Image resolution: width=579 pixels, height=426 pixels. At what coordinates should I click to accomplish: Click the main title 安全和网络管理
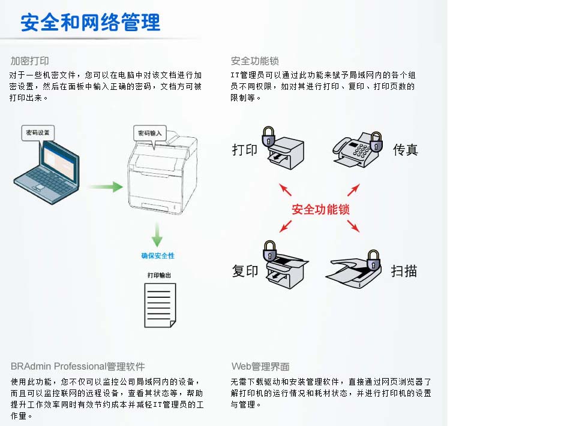coord(91,23)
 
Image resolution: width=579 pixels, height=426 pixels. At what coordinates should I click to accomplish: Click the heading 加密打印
coord(29,61)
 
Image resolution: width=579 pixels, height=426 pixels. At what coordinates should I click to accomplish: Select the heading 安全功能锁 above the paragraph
coord(255,61)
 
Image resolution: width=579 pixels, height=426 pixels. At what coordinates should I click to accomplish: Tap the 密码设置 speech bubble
coord(37,132)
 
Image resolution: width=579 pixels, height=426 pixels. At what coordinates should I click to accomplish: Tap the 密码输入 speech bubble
coord(150,132)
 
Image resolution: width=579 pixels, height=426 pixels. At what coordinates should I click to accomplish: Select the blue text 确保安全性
coord(158,256)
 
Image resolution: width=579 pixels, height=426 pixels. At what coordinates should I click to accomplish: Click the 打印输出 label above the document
coord(159,275)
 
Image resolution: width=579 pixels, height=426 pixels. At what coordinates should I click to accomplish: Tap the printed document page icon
coord(160,305)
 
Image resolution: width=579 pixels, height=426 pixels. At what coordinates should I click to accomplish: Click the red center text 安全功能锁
coord(320,210)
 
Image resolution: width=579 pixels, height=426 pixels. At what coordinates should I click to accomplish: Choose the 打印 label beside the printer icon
coord(245,150)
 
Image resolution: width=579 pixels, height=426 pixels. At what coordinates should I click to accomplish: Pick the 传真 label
coord(406,150)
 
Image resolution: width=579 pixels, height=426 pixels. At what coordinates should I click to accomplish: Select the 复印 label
coord(245,271)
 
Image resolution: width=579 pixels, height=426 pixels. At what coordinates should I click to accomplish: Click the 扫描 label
coord(404,271)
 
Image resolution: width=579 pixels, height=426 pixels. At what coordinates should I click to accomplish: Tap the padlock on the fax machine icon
coord(376,141)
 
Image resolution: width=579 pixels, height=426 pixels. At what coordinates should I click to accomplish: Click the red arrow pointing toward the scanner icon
coord(353,226)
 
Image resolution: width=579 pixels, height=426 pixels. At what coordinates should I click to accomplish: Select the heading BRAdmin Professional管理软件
coord(78,366)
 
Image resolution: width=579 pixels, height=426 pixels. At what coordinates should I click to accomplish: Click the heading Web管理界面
coord(260,366)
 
